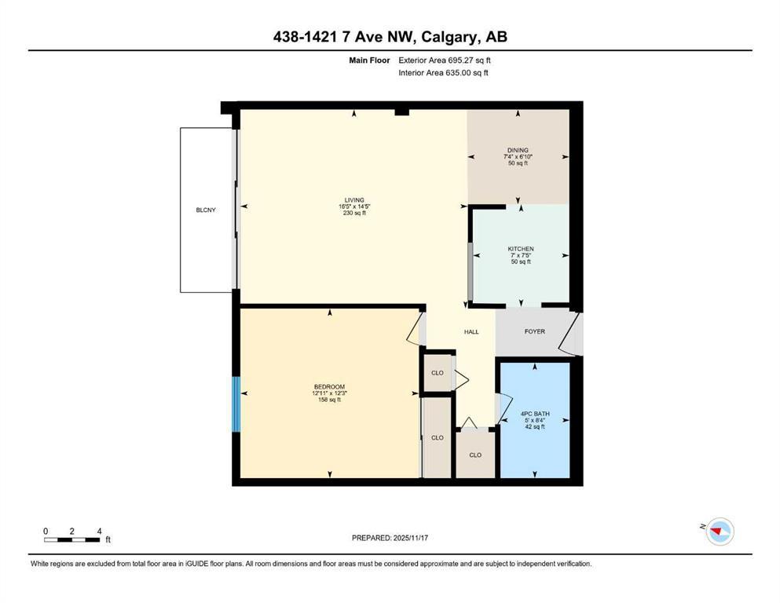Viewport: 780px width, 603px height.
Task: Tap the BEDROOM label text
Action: pyautogui.click(x=329, y=386)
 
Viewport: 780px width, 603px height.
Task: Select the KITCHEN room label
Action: pyautogui.click(x=520, y=249)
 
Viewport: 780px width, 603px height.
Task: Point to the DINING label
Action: pyautogui.click(x=517, y=150)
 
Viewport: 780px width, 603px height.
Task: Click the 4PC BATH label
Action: pyautogui.click(x=534, y=414)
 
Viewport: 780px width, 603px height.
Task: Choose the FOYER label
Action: pyautogui.click(x=534, y=331)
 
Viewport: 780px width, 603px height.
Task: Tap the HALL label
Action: pyautogui.click(x=471, y=332)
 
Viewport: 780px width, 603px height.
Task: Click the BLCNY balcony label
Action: pyautogui.click(x=206, y=210)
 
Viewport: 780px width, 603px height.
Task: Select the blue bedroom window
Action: pyautogui.click(x=235, y=404)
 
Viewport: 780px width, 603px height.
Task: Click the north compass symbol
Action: pyautogui.click(x=719, y=532)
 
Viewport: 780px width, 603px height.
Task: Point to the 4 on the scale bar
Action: pyautogui.click(x=98, y=531)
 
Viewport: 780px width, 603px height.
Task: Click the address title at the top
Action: pyautogui.click(x=390, y=37)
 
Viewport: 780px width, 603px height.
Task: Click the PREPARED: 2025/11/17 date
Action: pyautogui.click(x=390, y=538)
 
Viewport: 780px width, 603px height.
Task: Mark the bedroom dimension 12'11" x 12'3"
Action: pyautogui.click(x=329, y=393)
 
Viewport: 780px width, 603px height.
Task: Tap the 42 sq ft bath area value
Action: pyautogui.click(x=534, y=427)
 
